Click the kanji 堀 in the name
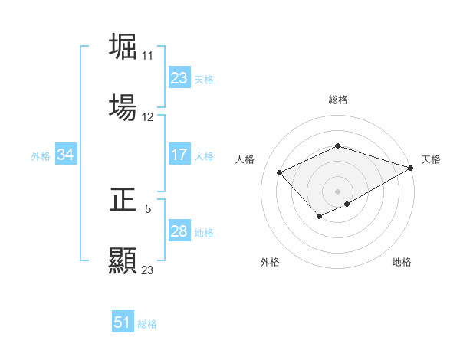click(123, 47)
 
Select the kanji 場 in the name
click(123, 107)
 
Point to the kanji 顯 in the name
click(123, 260)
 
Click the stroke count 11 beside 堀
click(147, 56)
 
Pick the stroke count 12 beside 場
click(148, 117)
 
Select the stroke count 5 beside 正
click(148, 208)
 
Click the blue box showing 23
click(179, 78)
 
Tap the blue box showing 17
click(179, 155)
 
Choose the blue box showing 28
click(179, 232)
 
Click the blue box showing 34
click(65, 155)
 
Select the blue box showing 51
click(122, 322)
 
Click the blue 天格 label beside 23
click(204, 79)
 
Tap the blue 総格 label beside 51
click(147, 323)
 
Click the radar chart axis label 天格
click(431, 159)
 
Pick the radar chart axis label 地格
click(402, 262)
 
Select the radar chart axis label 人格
click(245, 159)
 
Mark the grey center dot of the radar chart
click(337, 191)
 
